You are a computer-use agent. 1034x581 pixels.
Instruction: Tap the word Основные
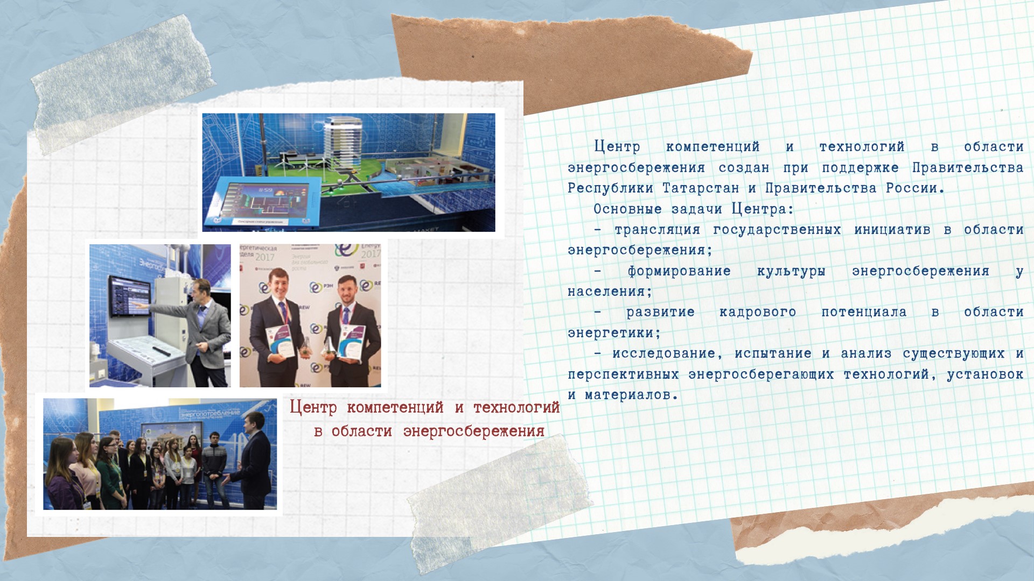point(627,209)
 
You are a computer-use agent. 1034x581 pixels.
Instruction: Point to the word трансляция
point(657,230)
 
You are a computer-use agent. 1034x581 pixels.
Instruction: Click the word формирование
point(679,271)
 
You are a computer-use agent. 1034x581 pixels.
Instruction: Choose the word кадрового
point(757,312)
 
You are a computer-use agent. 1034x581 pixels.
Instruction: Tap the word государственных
point(777,230)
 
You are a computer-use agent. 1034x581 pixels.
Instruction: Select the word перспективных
point(623,374)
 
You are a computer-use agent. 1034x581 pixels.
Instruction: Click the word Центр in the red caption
point(313,407)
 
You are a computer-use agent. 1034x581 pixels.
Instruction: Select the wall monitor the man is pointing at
point(130,295)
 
